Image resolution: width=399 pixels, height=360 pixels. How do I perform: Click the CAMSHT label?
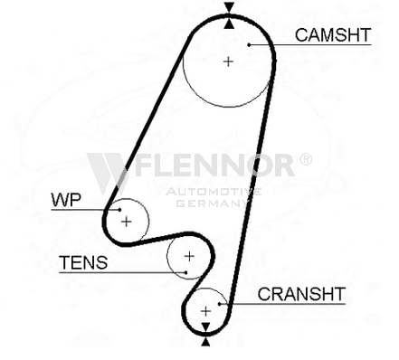(x=333, y=35)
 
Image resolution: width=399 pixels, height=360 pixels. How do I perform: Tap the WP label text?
(x=66, y=200)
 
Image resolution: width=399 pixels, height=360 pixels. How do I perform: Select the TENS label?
(x=83, y=262)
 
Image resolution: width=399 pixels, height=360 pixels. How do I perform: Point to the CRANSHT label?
(x=301, y=294)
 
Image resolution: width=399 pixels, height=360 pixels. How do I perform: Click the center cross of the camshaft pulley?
(x=228, y=62)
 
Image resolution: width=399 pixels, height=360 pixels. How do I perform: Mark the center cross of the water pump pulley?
(x=127, y=222)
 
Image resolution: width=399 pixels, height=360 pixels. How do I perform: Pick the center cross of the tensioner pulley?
(x=189, y=256)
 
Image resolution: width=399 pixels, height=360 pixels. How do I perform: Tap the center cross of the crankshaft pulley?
(x=205, y=311)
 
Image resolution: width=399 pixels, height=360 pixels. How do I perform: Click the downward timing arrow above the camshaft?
(x=229, y=7)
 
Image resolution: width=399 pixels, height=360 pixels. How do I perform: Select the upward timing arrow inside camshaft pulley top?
(x=229, y=24)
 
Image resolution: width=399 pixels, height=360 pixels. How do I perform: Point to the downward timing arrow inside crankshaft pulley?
(x=205, y=327)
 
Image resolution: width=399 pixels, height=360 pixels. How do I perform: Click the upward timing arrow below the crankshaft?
(x=205, y=342)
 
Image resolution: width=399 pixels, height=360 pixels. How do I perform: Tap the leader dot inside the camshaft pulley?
(x=249, y=45)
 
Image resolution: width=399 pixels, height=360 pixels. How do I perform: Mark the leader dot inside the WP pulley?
(x=119, y=210)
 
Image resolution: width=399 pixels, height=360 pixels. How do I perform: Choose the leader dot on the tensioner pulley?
(x=186, y=272)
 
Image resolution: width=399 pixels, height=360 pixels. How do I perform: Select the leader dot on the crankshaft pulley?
(x=220, y=304)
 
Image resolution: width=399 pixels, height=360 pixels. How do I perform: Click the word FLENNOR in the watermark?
(x=214, y=165)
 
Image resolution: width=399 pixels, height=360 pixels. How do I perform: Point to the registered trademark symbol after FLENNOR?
(x=306, y=159)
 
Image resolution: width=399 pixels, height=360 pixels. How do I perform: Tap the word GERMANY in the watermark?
(x=212, y=204)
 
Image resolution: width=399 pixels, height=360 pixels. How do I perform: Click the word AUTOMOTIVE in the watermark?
(x=214, y=192)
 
